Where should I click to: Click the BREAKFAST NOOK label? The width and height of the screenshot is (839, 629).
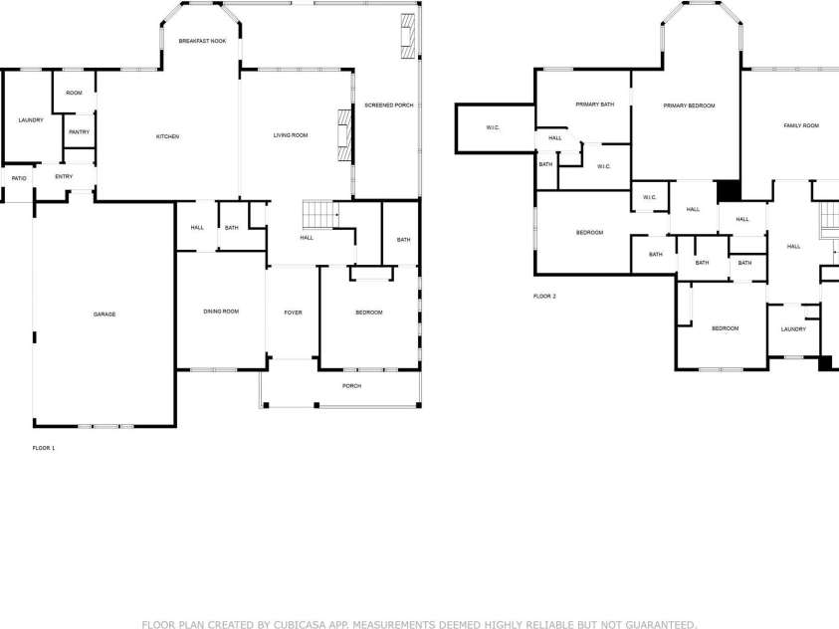(202, 41)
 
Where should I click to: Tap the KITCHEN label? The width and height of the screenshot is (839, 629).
(167, 136)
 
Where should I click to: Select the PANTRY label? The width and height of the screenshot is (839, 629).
(79, 132)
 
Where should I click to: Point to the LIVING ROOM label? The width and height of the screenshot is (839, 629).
(291, 135)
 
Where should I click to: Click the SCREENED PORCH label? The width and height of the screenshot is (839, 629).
(388, 105)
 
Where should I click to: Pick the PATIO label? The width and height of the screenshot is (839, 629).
(19, 178)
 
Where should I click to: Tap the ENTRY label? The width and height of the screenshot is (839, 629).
(64, 177)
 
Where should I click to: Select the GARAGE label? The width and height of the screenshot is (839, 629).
(105, 314)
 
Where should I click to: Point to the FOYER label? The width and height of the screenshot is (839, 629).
(293, 313)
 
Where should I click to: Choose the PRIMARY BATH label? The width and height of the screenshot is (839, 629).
(594, 105)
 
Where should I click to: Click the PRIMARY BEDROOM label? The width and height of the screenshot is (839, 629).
(689, 105)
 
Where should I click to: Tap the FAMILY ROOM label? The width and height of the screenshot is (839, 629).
(801, 125)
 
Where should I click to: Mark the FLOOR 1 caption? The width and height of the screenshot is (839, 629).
(44, 448)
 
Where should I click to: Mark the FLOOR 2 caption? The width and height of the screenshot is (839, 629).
(544, 297)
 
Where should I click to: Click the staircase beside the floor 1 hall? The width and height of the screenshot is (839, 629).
(317, 213)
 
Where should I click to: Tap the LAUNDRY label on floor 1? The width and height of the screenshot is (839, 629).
(31, 120)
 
